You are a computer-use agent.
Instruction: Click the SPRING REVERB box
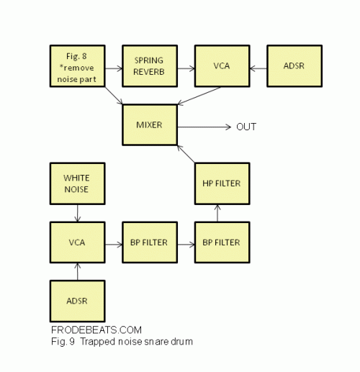[x=150, y=66]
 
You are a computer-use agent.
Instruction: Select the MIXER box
[x=150, y=124]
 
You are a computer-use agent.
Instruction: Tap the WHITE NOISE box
[x=78, y=183]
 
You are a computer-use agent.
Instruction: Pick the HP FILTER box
[x=222, y=183]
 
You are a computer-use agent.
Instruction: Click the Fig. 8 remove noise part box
[x=78, y=66]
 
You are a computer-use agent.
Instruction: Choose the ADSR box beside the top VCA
[x=294, y=66]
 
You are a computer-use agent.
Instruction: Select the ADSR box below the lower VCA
[x=78, y=301]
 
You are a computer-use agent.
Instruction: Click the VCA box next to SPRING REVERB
[x=222, y=66]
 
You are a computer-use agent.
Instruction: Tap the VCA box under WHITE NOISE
[x=78, y=242]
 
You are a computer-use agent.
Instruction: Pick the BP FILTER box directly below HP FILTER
[x=222, y=242]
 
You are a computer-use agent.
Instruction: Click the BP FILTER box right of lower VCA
[x=150, y=242]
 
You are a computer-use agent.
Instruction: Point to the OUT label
[x=246, y=127]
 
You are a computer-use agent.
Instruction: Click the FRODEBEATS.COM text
[x=96, y=330]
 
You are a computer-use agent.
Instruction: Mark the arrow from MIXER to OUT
[x=204, y=127]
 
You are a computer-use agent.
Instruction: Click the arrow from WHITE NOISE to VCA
[x=78, y=213]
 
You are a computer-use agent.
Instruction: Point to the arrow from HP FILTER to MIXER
[x=186, y=154]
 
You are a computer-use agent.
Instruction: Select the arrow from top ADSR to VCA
[x=258, y=68]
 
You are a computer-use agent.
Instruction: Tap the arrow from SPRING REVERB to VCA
[x=186, y=68]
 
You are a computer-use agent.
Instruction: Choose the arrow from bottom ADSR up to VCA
[x=78, y=272]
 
